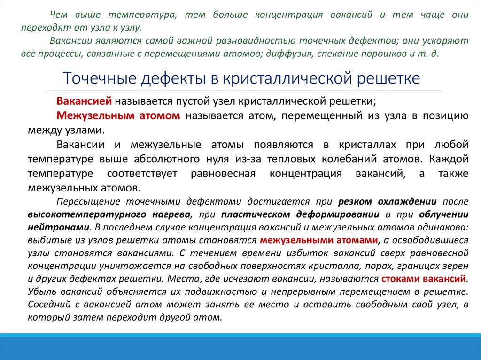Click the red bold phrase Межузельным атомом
pyautogui.click(x=118, y=115)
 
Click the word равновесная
pyautogui.click(x=223, y=174)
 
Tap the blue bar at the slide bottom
pyautogui.click(x=240, y=347)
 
